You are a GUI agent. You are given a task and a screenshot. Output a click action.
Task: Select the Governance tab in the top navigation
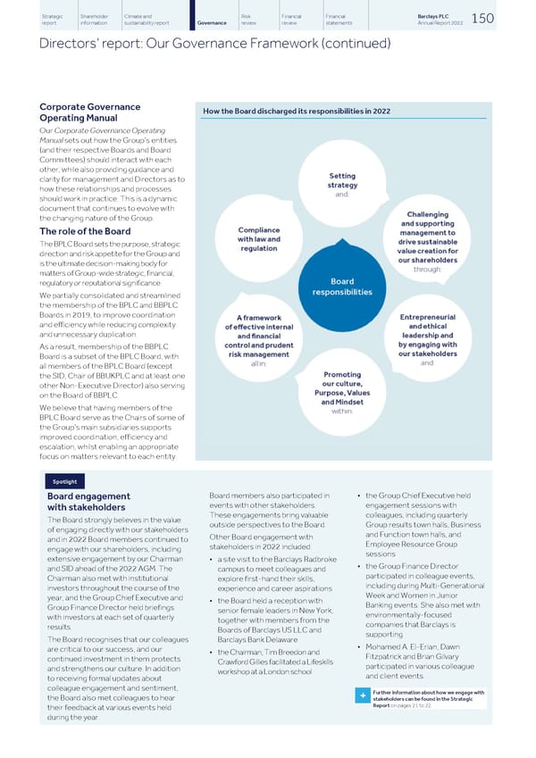[212, 21]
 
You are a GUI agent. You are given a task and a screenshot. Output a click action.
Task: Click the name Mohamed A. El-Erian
[413, 646]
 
